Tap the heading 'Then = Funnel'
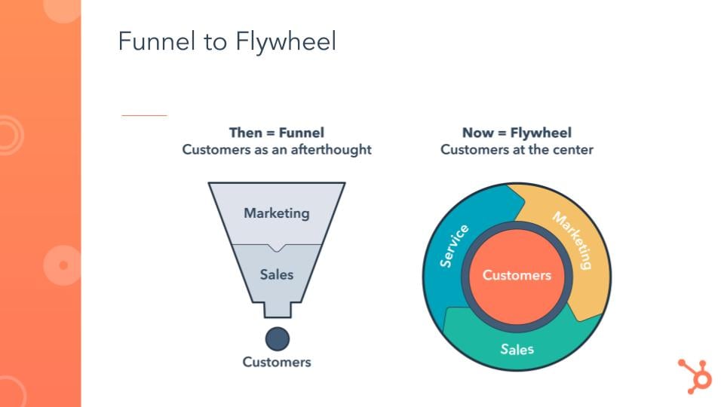(x=276, y=133)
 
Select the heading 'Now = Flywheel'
(x=517, y=133)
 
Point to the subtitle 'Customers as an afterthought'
(x=276, y=149)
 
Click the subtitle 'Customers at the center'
(x=517, y=149)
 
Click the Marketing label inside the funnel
(x=276, y=213)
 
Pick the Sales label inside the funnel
(x=276, y=274)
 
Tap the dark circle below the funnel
(x=277, y=338)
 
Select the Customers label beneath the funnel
(x=276, y=362)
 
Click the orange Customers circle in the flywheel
(x=517, y=275)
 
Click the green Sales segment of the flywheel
(x=517, y=348)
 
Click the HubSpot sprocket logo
(x=694, y=375)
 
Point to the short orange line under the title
(x=144, y=115)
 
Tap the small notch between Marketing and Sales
(x=277, y=247)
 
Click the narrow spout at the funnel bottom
(x=277, y=309)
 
